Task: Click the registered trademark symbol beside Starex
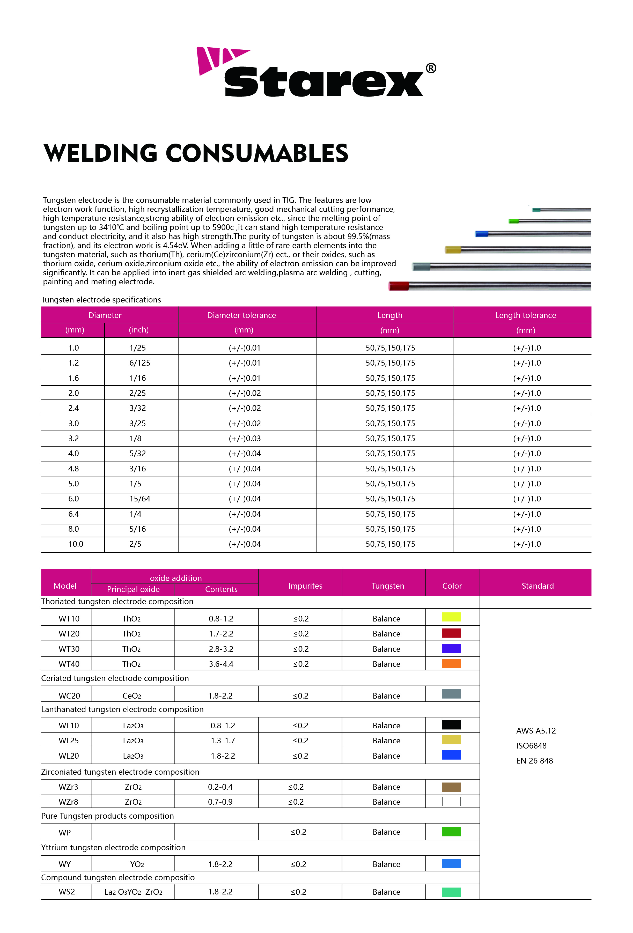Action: [x=431, y=68]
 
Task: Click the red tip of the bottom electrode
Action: [x=399, y=286]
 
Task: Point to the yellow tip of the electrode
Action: [x=453, y=250]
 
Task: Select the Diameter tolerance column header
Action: [x=241, y=315]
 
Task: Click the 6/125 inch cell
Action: [x=139, y=363]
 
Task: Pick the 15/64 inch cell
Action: [x=139, y=499]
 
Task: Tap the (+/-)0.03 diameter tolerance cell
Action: [x=245, y=438]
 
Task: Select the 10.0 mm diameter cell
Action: [x=76, y=544]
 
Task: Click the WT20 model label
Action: [x=69, y=633]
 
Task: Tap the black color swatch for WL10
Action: [x=451, y=725]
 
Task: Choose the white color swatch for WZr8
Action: [x=451, y=801]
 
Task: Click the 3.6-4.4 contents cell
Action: [x=221, y=664]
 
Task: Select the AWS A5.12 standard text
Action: [x=536, y=731]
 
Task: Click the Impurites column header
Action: [x=305, y=586]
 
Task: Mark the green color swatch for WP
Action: [x=451, y=831]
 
